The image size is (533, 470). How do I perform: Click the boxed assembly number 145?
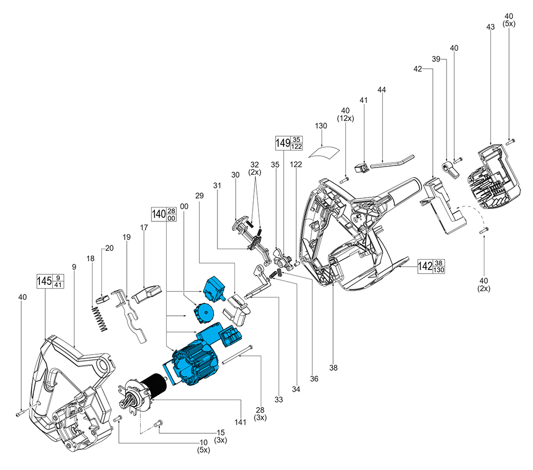point(45,281)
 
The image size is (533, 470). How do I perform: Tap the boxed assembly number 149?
point(282,143)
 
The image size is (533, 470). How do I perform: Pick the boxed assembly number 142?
point(425,266)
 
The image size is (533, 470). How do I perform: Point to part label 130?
point(321,126)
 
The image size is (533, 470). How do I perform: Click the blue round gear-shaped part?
point(203,312)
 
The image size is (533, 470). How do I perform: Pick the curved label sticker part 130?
point(325,149)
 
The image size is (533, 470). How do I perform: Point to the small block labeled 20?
point(102,300)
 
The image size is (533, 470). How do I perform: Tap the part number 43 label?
point(491,27)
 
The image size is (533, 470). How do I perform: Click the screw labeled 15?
point(158,423)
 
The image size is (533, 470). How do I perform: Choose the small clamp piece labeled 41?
point(363,170)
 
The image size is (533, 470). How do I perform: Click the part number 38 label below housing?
point(333,367)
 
